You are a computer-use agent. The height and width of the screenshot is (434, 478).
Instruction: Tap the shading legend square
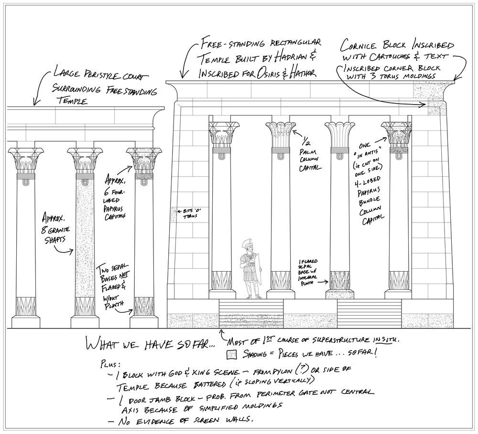click(x=232, y=354)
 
